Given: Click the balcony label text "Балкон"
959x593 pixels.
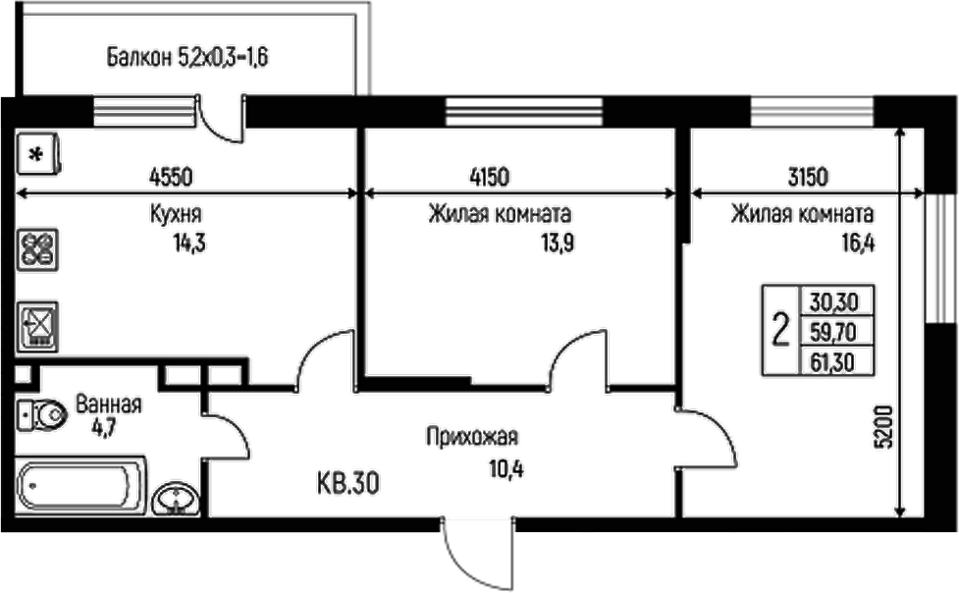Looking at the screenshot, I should point(138,57).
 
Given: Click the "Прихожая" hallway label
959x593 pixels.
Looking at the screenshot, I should point(471,438).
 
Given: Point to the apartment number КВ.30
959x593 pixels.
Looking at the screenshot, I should point(348,483).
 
